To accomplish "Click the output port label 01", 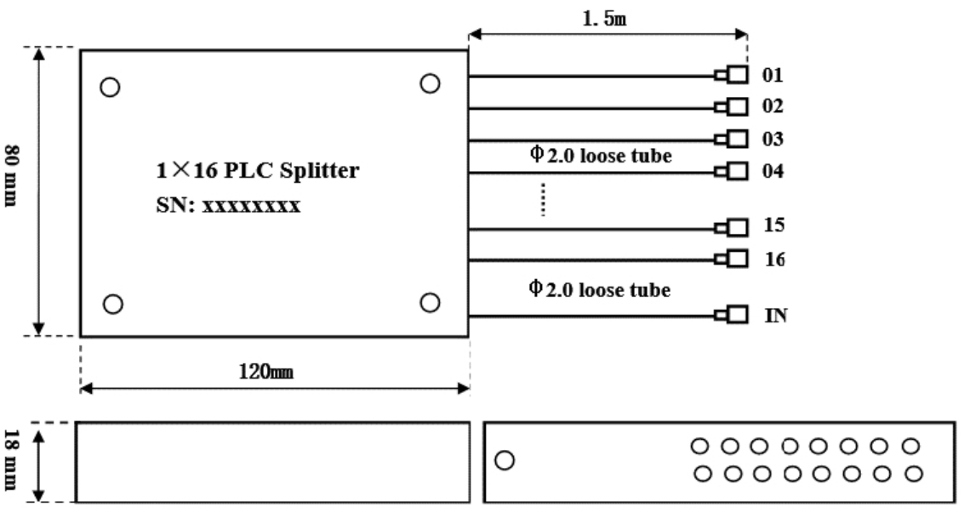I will pyautogui.click(x=773, y=77).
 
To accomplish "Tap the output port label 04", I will pyautogui.click(x=773, y=171).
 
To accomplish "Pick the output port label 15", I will pyautogui.click(x=773, y=227).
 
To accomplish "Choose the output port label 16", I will pyautogui.click(x=773, y=258).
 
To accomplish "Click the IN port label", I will pyautogui.click(x=775, y=316).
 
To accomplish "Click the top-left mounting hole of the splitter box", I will pyautogui.click(x=110, y=87).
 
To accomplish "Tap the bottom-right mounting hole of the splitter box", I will pyautogui.click(x=431, y=302).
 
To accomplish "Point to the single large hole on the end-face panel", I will pyautogui.click(x=505, y=460).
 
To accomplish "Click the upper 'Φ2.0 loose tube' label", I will pyautogui.click(x=600, y=156).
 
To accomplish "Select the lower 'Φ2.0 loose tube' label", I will pyautogui.click(x=600, y=291).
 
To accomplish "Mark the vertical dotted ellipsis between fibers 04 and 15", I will pyautogui.click(x=544, y=202).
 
